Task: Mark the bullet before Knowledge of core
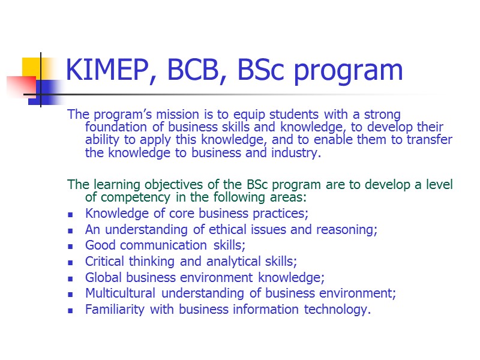[71, 214]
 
